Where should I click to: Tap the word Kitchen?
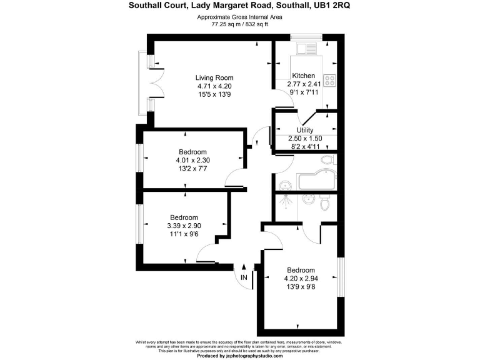click(304, 76)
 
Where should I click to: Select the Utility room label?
click(304, 130)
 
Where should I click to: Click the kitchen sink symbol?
click(309, 48)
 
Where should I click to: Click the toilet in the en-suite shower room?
click(324, 204)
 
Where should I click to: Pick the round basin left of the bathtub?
click(284, 185)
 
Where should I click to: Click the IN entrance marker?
click(244, 277)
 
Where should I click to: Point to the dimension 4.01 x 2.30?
click(192, 160)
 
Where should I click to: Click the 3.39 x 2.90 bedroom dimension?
click(184, 226)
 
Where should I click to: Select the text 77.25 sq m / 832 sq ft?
click(240, 25)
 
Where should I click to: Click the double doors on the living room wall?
click(156, 82)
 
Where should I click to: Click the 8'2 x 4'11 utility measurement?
click(304, 146)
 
